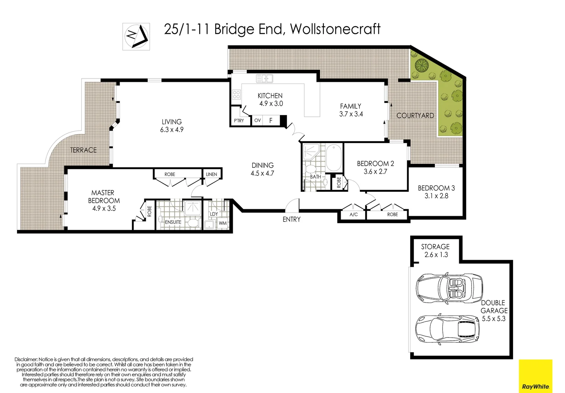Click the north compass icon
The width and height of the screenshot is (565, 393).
click(x=136, y=36)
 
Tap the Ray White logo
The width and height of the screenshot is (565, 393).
click(x=535, y=376)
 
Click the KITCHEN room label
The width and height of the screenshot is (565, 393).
click(x=270, y=96)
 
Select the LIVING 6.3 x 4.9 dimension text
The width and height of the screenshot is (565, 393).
click(x=172, y=130)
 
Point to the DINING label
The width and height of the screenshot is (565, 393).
click(x=263, y=165)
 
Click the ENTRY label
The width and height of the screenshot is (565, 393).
click(x=292, y=219)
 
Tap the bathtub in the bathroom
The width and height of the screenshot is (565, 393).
click(x=334, y=158)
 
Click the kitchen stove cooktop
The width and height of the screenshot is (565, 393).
click(x=236, y=95)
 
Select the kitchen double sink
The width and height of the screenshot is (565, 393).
click(x=264, y=78)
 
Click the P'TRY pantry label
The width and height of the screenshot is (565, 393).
click(x=239, y=121)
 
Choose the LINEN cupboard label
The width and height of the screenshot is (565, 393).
click(x=211, y=174)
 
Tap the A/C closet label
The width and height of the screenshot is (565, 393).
click(x=353, y=215)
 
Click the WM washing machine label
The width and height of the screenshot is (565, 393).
click(x=223, y=223)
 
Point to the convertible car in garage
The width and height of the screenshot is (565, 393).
click(x=449, y=288)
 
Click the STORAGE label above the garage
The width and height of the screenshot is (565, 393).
click(x=435, y=247)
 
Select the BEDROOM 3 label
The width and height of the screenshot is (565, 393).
click(x=436, y=188)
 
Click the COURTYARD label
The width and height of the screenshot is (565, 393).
click(x=415, y=115)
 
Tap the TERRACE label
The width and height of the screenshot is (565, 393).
click(x=83, y=150)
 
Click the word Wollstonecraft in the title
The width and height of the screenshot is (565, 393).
click(x=335, y=29)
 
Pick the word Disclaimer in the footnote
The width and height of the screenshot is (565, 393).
click(x=26, y=360)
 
